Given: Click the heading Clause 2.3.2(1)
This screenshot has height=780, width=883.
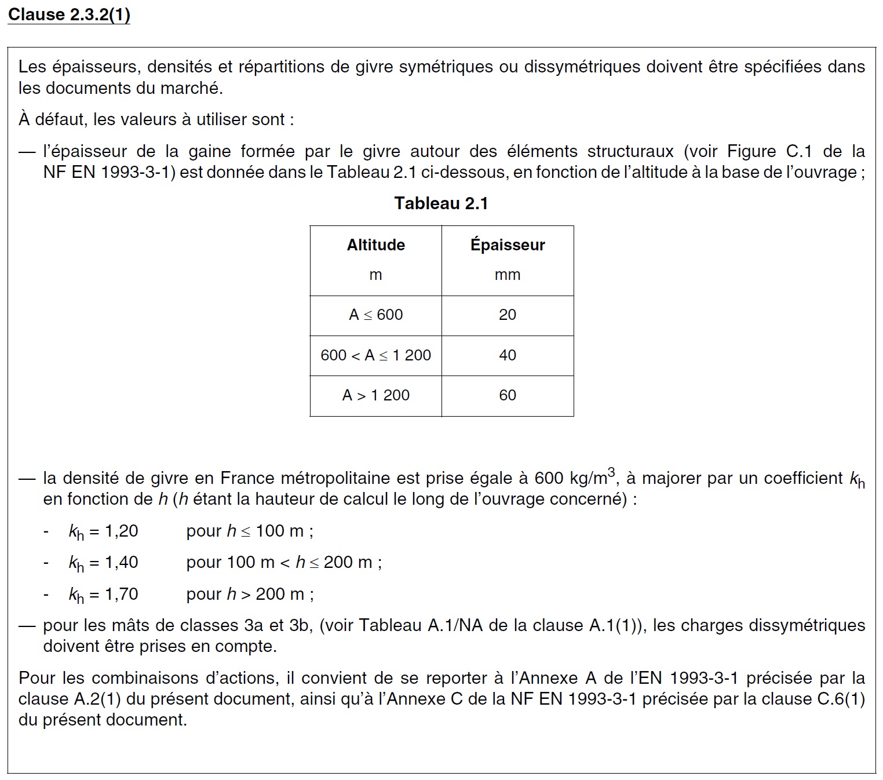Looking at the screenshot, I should (69, 14).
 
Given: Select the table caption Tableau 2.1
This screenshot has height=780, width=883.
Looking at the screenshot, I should (441, 203).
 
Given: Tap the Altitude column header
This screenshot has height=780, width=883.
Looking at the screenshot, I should (375, 245).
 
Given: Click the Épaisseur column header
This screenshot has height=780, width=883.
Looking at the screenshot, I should (508, 245).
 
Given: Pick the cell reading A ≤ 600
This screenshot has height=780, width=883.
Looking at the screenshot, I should (375, 315).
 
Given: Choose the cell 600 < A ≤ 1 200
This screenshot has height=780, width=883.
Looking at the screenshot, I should (375, 355).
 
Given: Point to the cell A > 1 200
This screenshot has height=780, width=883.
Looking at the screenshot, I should (375, 395).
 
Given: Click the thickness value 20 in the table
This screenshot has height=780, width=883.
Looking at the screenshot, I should (508, 315).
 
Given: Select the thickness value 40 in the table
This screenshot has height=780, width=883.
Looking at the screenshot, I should (508, 355).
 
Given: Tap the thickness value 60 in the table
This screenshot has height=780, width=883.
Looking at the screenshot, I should (508, 395).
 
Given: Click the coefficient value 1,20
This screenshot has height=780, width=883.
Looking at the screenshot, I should (121, 531).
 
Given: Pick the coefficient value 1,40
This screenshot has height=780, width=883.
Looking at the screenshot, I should (121, 562).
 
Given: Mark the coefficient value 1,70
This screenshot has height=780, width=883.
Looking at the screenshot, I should (121, 594).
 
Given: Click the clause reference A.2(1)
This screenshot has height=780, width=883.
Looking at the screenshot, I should (97, 699).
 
